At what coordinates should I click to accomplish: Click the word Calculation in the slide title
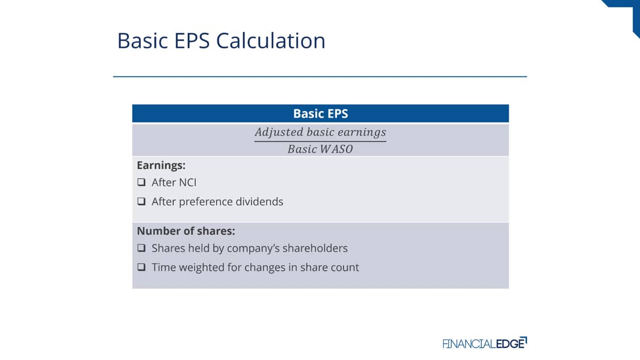pos(270,41)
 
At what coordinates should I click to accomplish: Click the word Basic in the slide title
pos(142,41)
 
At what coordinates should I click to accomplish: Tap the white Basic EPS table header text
pos(321,114)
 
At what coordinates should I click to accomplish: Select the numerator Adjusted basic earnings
pos(321,133)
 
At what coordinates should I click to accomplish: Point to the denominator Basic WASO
pos(321,149)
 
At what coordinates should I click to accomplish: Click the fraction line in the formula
pos(321,141)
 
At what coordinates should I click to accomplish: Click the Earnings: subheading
pos(161,165)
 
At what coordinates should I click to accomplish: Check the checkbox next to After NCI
pos(141,182)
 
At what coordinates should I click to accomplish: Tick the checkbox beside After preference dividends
pos(141,202)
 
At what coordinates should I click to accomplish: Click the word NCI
pos(186,182)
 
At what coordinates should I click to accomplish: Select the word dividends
pos(259,202)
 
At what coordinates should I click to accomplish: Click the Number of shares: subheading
pos(186,231)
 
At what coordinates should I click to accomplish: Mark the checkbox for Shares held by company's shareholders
pos(141,247)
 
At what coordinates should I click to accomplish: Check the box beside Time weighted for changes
pos(141,267)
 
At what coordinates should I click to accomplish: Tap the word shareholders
pos(315,249)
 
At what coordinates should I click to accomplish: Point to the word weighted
pos(202,268)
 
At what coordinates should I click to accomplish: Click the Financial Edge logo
pos(485,343)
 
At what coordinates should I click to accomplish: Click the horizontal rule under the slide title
pos(320,77)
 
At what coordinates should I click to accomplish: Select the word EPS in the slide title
pos(192,41)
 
